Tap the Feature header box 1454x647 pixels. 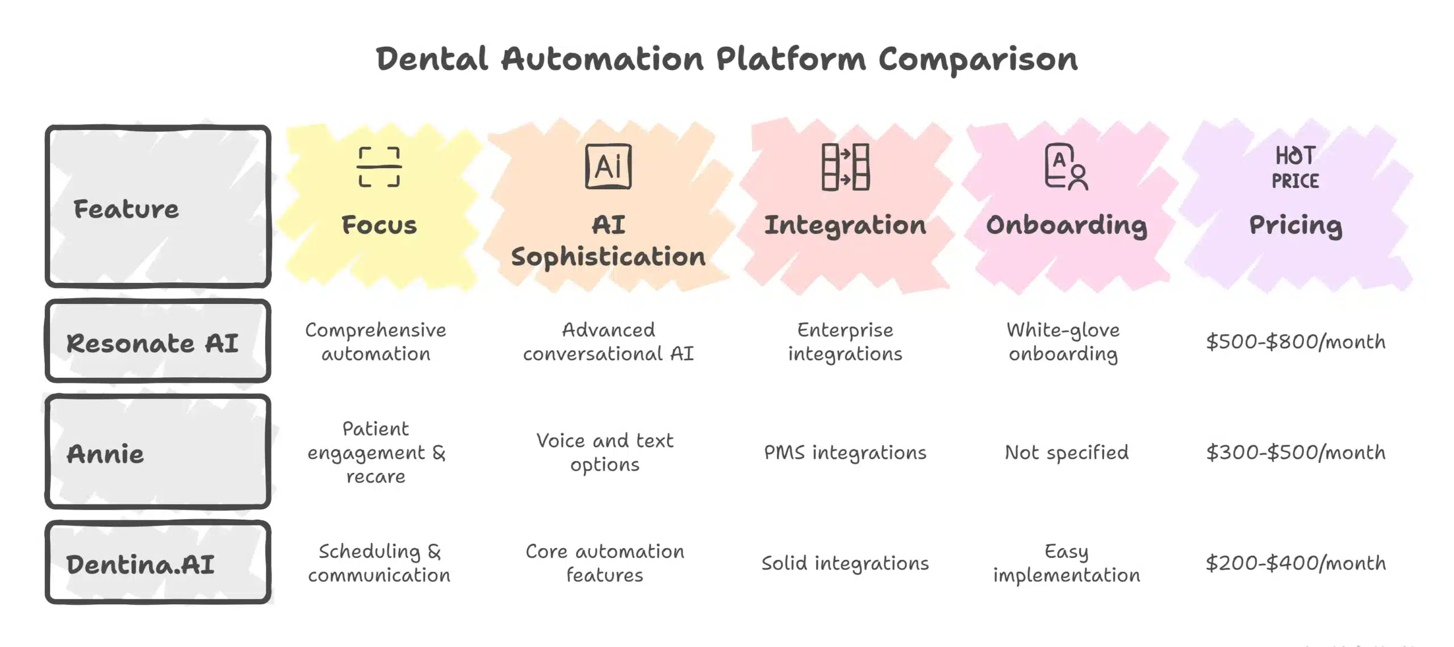pyautogui.click(x=158, y=207)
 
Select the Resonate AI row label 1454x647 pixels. pyautogui.click(x=152, y=343)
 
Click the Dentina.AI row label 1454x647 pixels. pyautogui.click(x=140, y=564)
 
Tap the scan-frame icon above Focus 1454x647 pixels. pyautogui.click(x=379, y=167)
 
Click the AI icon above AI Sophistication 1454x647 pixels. pyautogui.click(x=608, y=166)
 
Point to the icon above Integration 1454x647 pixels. pyautogui.click(x=845, y=167)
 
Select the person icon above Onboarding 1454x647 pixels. pyautogui.click(x=1066, y=167)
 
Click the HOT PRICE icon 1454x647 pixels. pyautogui.click(x=1295, y=168)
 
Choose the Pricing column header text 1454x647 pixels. pyautogui.click(x=1296, y=226)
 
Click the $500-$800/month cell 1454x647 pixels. pyautogui.click(x=1296, y=342)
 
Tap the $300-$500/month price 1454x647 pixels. pyautogui.click(x=1296, y=453)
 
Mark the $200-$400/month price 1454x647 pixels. pyautogui.click(x=1296, y=563)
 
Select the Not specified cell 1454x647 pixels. pyautogui.click(x=1066, y=453)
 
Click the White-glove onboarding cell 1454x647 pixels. pyautogui.click(x=1063, y=342)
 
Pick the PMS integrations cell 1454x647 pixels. pyautogui.click(x=845, y=453)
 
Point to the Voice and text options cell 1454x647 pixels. pyautogui.click(x=605, y=453)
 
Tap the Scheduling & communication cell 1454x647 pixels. pyautogui.click(x=379, y=563)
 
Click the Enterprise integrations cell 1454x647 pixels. pyautogui.click(x=845, y=342)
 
